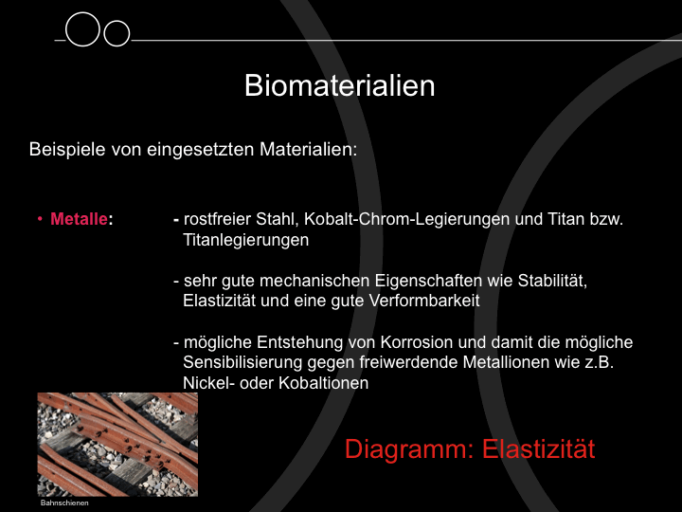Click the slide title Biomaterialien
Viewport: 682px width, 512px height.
tap(340, 85)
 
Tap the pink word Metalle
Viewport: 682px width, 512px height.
tap(79, 219)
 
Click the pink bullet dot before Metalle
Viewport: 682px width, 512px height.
tap(40, 219)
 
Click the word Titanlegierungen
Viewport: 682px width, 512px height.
tap(245, 240)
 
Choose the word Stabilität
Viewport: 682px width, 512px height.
tap(552, 281)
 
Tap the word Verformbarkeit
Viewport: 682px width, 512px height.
tap(424, 301)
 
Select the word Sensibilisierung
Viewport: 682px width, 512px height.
tap(242, 362)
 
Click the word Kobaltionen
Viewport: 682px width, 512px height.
tap(324, 383)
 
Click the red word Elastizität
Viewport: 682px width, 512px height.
tap(538, 448)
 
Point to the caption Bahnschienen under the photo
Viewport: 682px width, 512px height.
tap(64, 503)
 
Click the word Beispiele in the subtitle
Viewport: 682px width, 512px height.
tap(67, 150)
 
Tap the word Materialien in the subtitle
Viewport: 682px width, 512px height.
tap(309, 150)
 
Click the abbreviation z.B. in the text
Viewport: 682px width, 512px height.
tap(599, 362)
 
